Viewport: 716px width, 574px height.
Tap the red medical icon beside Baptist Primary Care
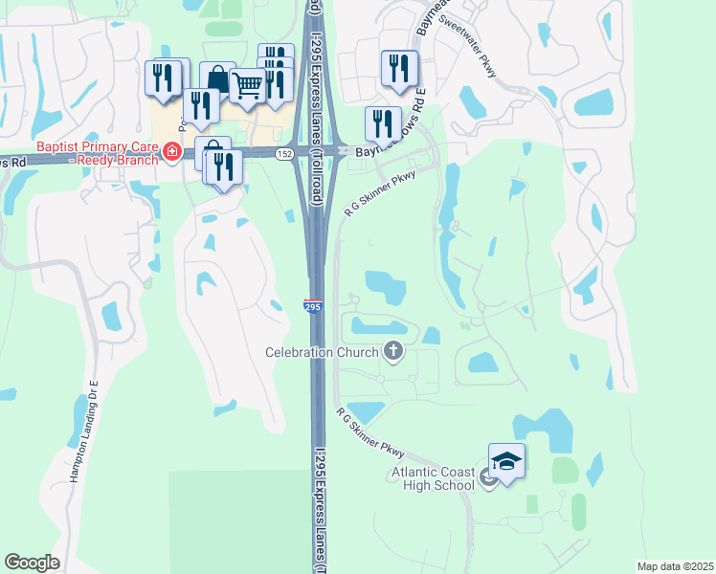coord(171,151)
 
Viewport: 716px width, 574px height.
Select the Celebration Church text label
coord(323,352)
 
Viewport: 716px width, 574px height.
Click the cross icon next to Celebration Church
coord(392,352)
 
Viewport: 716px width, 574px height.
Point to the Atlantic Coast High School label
coord(433,478)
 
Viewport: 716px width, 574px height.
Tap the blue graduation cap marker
coord(507,461)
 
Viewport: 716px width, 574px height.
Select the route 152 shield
coord(286,153)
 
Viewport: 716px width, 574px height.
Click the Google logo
coord(32,563)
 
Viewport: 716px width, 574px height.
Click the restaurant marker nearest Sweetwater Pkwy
coord(399,68)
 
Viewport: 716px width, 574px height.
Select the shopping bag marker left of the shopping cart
coord(217,79)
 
